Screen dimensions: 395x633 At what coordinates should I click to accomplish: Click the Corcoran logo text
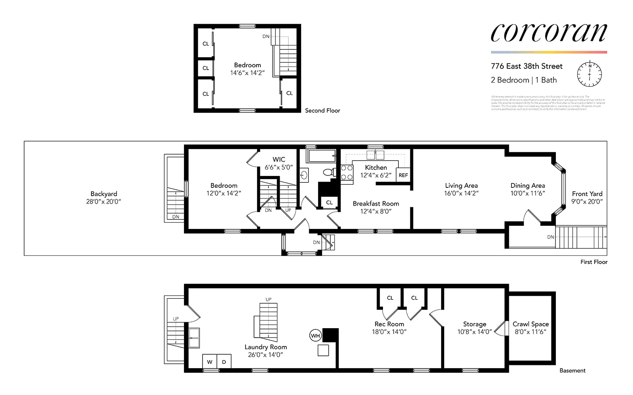(x=548, y=33)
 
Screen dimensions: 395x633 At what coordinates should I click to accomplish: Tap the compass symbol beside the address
(x=589, y=74)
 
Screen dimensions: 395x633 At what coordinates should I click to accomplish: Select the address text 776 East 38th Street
(x=527, y=66)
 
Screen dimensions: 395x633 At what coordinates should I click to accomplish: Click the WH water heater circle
(x=315, y=336)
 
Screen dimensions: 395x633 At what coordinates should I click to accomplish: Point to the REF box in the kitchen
(x=403, y=175)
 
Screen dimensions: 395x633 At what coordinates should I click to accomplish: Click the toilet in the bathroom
(x=328, y=172)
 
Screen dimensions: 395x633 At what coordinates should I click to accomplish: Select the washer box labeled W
(x=210, y=362)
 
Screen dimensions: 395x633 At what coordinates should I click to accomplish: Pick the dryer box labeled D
(x=224, y=362)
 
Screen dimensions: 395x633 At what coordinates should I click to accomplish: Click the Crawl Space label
(x=531, y=324)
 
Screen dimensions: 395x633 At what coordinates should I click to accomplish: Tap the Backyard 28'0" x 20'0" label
(x=104, y=197)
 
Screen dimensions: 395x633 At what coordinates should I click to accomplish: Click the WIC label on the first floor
(x=279, y=159)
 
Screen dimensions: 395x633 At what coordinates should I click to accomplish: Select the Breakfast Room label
(x=376, y=204)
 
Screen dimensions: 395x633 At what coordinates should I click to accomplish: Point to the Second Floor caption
(x=322, y=111)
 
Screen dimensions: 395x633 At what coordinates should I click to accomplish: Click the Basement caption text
(x=572, y=370)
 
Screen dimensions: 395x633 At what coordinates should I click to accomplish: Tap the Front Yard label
(x=587, y=194)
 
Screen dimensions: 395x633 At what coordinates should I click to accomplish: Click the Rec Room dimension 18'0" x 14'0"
(x=389, y=332)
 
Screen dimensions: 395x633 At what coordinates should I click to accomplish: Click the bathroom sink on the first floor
(x=304, y=175)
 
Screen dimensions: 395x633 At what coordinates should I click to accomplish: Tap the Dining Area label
(x=527, y=185)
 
